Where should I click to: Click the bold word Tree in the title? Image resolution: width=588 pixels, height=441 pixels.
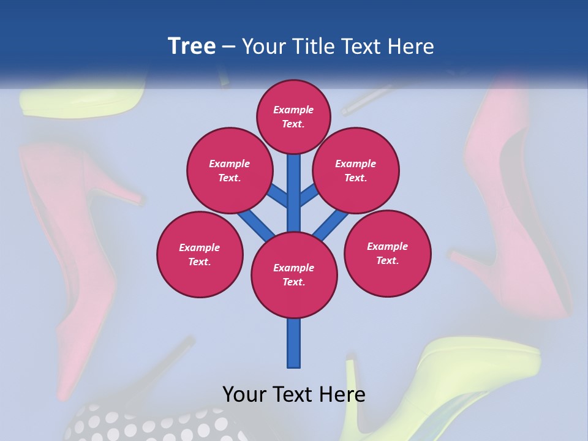coord(192,47)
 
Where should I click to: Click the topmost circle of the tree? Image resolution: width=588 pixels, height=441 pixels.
coord(293,116)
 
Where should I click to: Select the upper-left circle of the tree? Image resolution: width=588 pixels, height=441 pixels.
coord(229,171)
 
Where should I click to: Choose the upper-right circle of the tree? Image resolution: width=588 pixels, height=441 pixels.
coord(356,171)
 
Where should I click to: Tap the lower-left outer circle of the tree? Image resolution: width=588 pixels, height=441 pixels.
coord(200,254)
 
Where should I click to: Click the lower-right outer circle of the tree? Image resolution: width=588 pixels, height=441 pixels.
coord(388,253)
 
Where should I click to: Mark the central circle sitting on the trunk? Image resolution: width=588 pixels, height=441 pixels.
coord(294,275)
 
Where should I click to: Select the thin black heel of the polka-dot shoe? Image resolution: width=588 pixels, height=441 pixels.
coord(165,361)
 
